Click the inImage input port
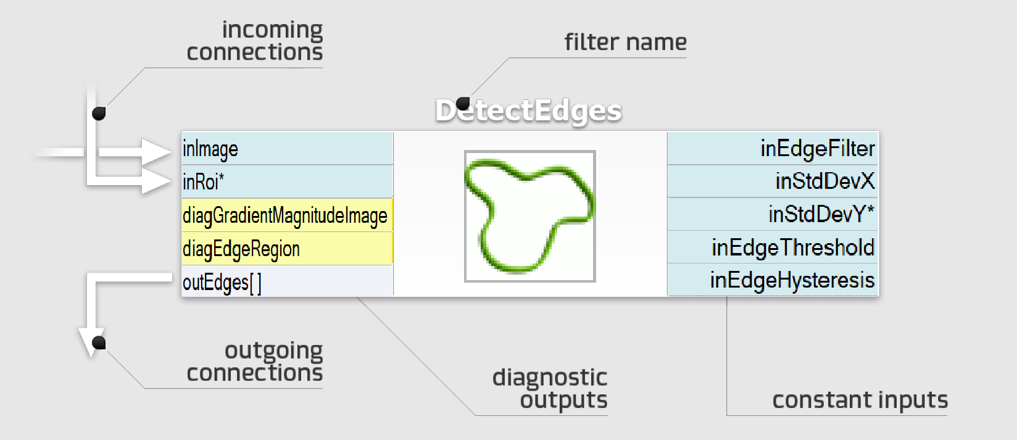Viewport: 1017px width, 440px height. tap(287, 149)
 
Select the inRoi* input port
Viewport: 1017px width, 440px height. tap(287, 182)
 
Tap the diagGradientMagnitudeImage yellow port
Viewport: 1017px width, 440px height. tap(287, 215)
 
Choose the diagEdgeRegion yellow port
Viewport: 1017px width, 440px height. tap(287, 249)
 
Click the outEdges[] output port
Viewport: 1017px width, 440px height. tap(287, 282)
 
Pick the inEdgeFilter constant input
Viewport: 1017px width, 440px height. tap(773, 149)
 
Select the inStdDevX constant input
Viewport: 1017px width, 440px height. tap(773, 181)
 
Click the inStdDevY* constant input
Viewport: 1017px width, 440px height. tap(773, 214)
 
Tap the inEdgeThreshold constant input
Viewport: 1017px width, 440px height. tap(773, 247)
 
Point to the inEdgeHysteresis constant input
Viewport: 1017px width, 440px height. tap(773, 280)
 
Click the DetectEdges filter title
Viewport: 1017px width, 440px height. tap(529, 111)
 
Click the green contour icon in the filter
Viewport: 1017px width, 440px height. tap(529, 216)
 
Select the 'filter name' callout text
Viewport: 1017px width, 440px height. tap(625, 42)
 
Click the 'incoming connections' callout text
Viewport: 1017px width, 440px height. tap(255, 41)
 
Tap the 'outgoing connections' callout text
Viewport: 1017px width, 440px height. tap(255, 362)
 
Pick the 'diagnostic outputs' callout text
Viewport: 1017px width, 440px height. tap(550, 389)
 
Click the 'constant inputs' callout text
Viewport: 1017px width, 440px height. tap(860, 401)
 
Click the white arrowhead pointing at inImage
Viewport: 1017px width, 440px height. tap(156, 151)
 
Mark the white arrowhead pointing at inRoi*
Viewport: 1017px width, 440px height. tap(156, 182)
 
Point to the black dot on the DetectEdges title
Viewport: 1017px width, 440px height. tap(463, 103)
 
